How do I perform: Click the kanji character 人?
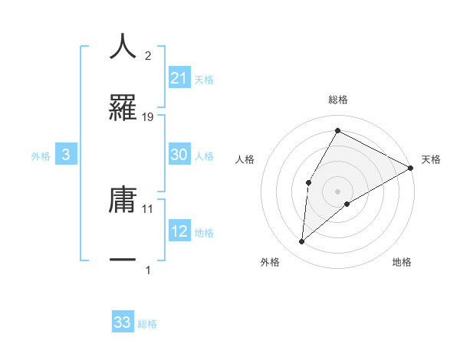point(123,47)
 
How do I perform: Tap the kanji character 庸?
point(123,199)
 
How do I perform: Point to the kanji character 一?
point(123,260)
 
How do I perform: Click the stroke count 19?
point(148,116)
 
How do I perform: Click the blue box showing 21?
point(179,78)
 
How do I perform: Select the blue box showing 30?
point(179,155)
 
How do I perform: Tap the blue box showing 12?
point(179,231)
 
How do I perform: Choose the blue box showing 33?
point(123,322)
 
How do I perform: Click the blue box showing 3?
point(66,155)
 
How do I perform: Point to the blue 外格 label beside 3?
point(41,155)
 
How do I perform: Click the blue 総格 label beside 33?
point(147,323)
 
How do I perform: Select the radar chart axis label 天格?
point(432,159)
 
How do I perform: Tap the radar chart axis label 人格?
point(245,159)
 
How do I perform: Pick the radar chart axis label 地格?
point(402,262)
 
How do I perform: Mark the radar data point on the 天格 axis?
point(411,168)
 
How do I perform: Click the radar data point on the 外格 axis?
point(302,242)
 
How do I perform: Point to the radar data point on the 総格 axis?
point(337,130)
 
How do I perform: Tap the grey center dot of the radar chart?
point(337,191)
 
